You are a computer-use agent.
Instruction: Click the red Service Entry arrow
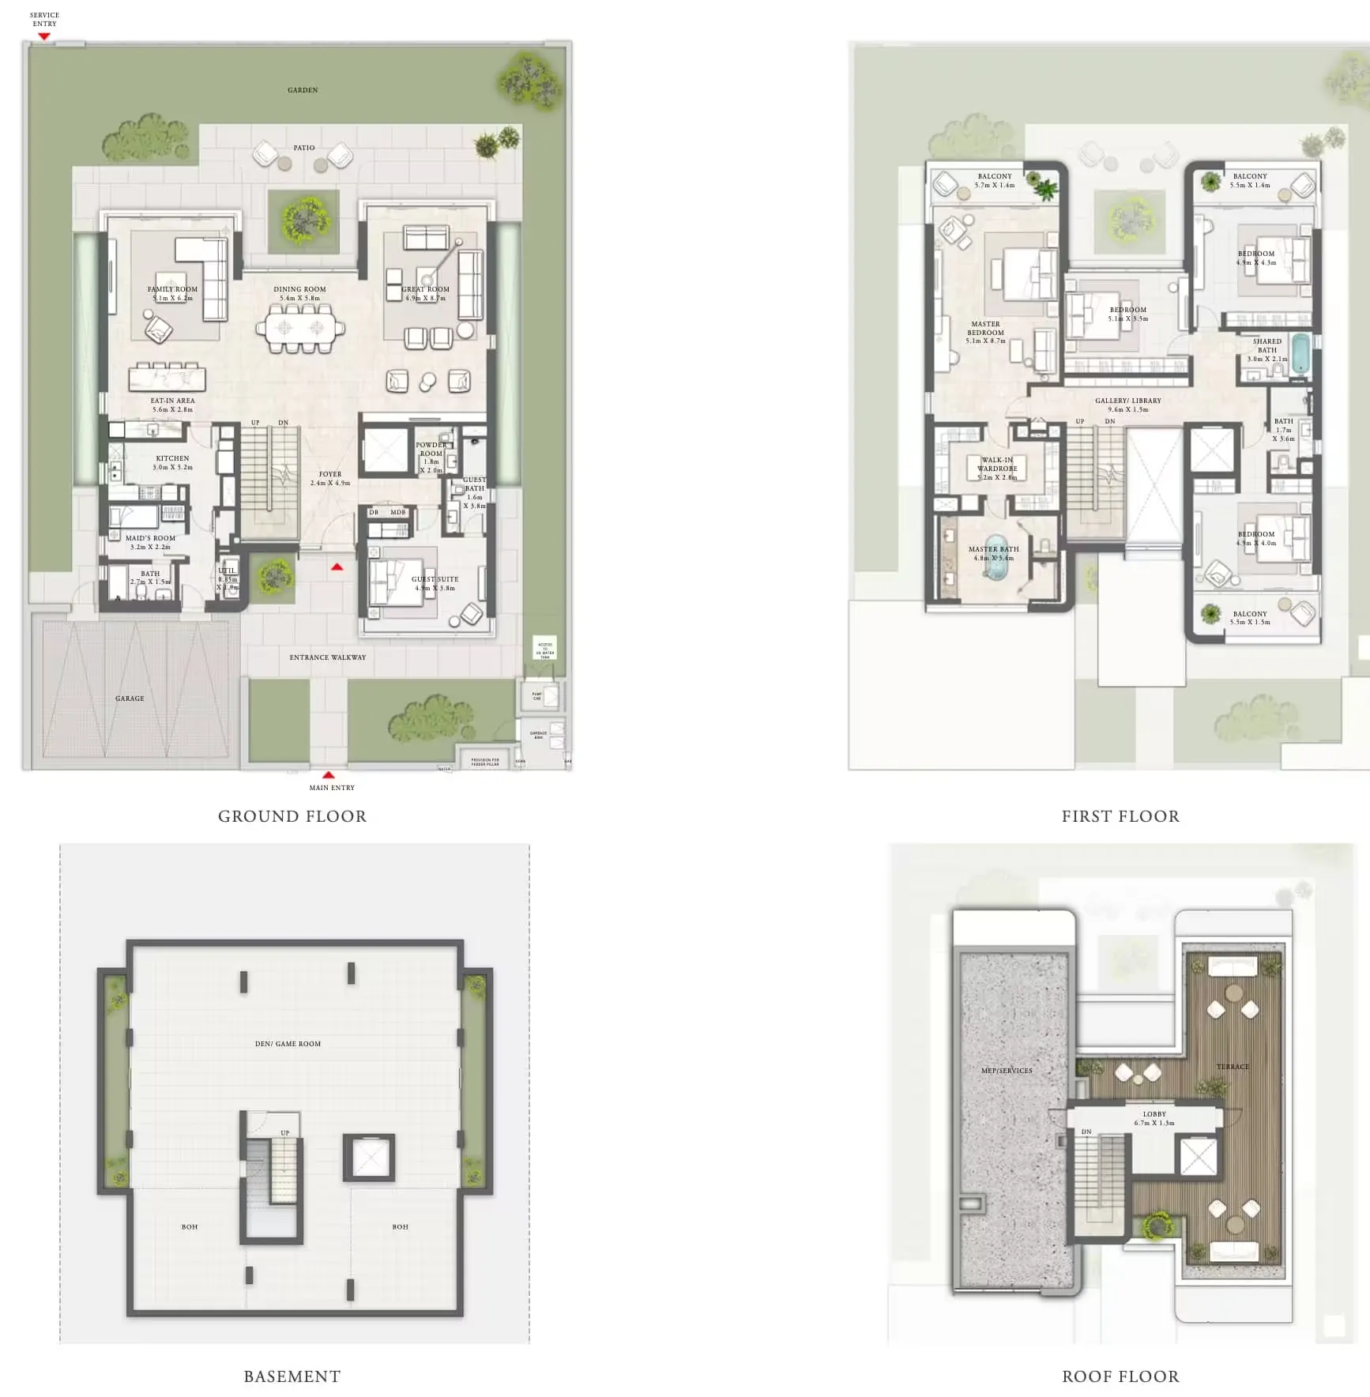[x=44, y=36]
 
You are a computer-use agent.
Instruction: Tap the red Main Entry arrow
[x=329, y=775]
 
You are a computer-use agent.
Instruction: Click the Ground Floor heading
[x=292, y=816]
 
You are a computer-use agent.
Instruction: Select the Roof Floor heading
[x=1120, y=1376]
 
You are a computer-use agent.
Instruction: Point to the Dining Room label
[x=299, y=293]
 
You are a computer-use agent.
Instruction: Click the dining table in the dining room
[x=300, y=327]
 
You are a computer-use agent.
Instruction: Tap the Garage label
[x=130, y=698]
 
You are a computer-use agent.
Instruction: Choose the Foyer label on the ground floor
[x=330, y=478]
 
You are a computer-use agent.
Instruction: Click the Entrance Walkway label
[x=327, y=657]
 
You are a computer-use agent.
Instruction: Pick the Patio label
[x=304, y=148]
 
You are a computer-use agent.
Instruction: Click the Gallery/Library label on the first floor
[x=1127, y=405]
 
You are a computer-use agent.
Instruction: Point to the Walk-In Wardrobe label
[x=997, y=468]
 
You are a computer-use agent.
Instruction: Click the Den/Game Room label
[x=288, y=1044]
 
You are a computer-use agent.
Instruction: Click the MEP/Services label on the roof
[x=1007, y=1071]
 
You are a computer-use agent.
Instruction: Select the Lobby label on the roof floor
[x=1154, y=1118]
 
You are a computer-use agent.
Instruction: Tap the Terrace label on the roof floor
[x=1233, y=1067]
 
